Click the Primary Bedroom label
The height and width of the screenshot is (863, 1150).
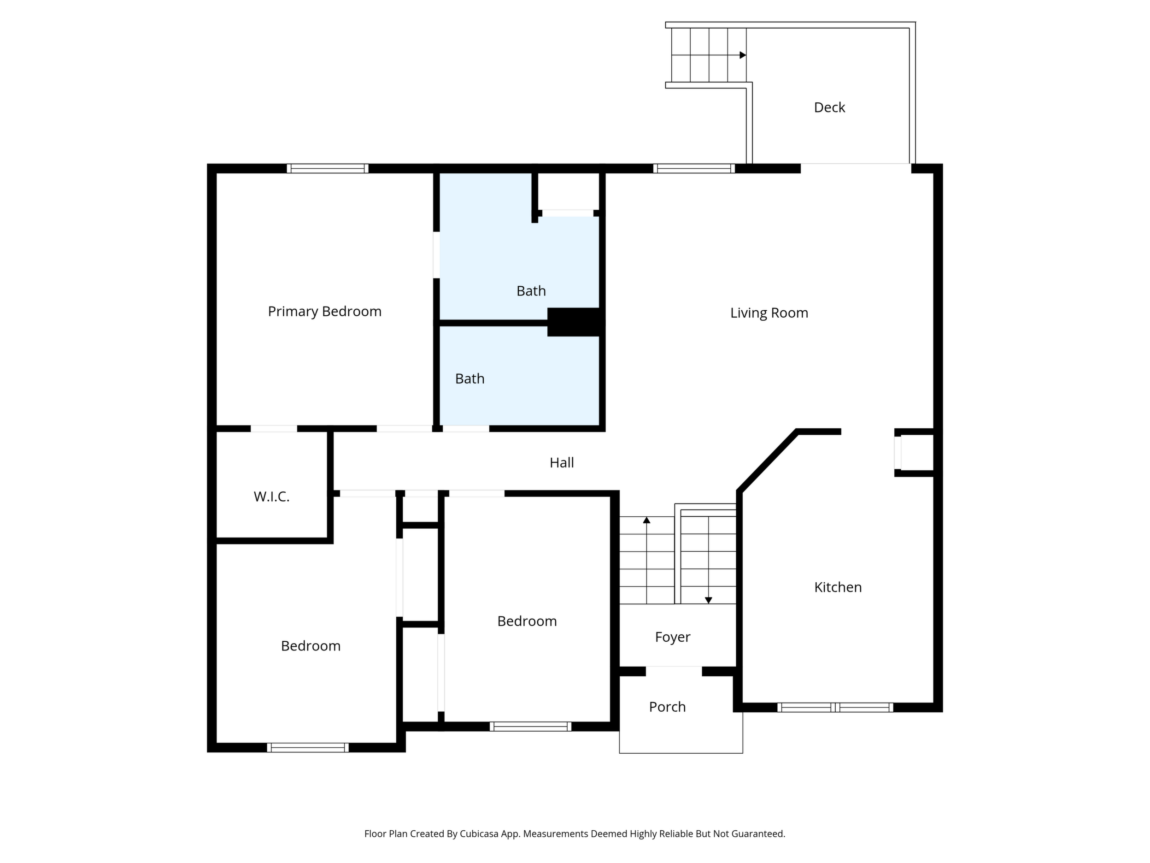tap(324, 312)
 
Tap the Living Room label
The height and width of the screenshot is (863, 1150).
tap(769, 313)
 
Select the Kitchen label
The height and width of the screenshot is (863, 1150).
tap(838, 587)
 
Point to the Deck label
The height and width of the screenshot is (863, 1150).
tap(829, 107)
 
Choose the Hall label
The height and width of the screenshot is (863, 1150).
tap(562, 462)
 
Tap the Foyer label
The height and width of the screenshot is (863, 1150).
tap(672, 637)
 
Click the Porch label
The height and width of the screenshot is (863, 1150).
tap(667, 707)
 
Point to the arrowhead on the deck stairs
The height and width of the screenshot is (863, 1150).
tap(743, 55)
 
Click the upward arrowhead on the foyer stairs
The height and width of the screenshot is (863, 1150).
tap(646, 520)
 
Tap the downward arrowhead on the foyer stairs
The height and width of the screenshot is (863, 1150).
tap(708, 600)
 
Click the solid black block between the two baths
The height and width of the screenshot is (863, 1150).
tap(575, 322)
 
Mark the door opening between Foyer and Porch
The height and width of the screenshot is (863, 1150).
tap(674, 671)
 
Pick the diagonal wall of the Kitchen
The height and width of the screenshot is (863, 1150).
tap(767, 461)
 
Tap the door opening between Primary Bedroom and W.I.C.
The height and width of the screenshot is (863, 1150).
tap(274, 429)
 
